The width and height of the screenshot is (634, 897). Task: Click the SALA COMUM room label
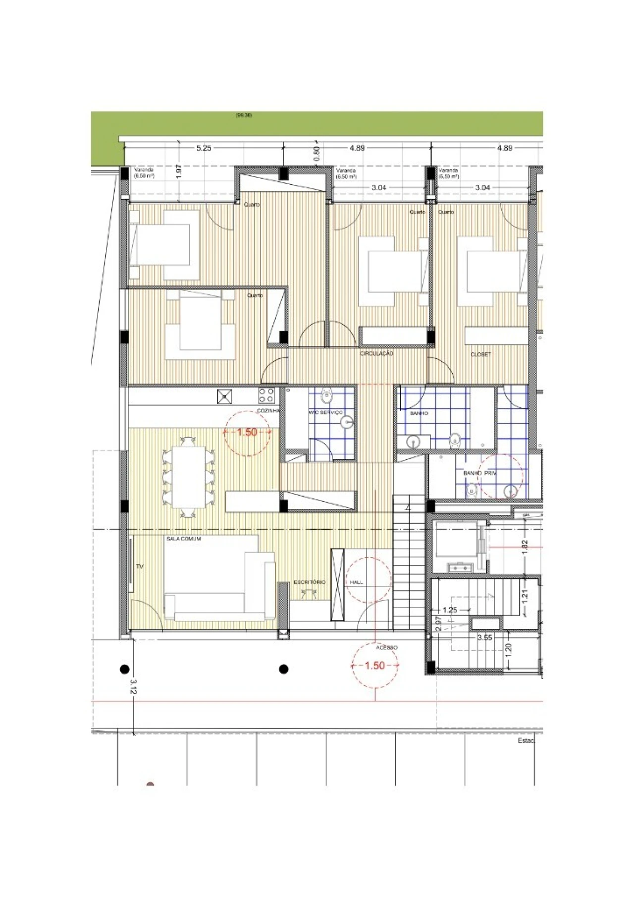point(184,539)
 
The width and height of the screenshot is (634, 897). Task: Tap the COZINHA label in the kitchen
point(268,411)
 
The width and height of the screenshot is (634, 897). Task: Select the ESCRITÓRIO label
point(310,582)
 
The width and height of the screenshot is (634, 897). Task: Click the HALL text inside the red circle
point(356,582)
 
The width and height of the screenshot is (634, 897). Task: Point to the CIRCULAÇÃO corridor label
point(376,353)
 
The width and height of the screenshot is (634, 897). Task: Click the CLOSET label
point(481,354)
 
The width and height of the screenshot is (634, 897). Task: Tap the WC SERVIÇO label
point(326,412)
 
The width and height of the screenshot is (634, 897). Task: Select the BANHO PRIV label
point(479,473)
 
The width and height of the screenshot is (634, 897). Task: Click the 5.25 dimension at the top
point(204,148)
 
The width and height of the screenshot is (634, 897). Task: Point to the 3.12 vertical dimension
point(133,686)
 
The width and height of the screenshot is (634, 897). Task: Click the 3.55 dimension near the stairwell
point(485,638)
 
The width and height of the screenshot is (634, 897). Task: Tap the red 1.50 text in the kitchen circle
point(247,432)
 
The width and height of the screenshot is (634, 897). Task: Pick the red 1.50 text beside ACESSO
point(374,666)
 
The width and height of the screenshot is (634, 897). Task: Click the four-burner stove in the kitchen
point(266,395)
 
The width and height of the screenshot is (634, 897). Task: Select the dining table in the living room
point(188,477)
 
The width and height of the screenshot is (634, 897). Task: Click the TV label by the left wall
point(139,566)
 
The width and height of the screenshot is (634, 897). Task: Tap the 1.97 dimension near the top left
point(179,171)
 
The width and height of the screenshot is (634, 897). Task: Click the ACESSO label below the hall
point(386,648)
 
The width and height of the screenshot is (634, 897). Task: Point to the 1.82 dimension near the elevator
point(525,547)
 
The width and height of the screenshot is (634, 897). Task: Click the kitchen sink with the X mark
point(224,396)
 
